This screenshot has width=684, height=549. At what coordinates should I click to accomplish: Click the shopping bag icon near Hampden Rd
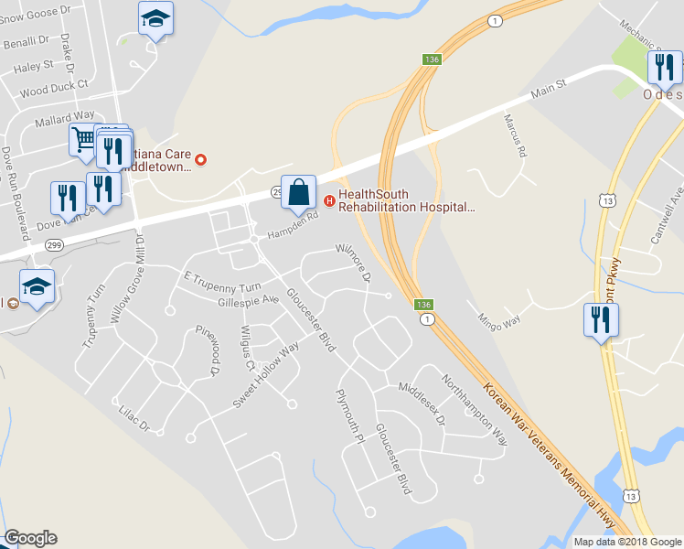click(298, 193)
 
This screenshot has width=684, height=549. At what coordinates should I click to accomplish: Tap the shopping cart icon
click(83, 140)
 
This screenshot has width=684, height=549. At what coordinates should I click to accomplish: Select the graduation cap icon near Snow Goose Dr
click(155, 18)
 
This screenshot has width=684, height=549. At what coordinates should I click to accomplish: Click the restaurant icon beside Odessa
click(663, 67)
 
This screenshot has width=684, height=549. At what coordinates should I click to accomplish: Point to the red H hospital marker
click(329, 200)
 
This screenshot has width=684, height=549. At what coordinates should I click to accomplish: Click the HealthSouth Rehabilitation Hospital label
click(407, 200)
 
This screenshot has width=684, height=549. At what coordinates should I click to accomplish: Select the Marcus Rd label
click(517, 135)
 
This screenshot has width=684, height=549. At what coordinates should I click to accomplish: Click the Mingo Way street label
click(498, 320)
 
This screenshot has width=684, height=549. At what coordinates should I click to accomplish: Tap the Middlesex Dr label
click(421, 403)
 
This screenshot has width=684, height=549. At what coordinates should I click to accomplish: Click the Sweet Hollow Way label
click(266, 374)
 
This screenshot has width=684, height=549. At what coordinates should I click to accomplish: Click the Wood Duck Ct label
click(53, 91)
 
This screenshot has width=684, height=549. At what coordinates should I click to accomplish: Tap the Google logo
click(30, 538)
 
